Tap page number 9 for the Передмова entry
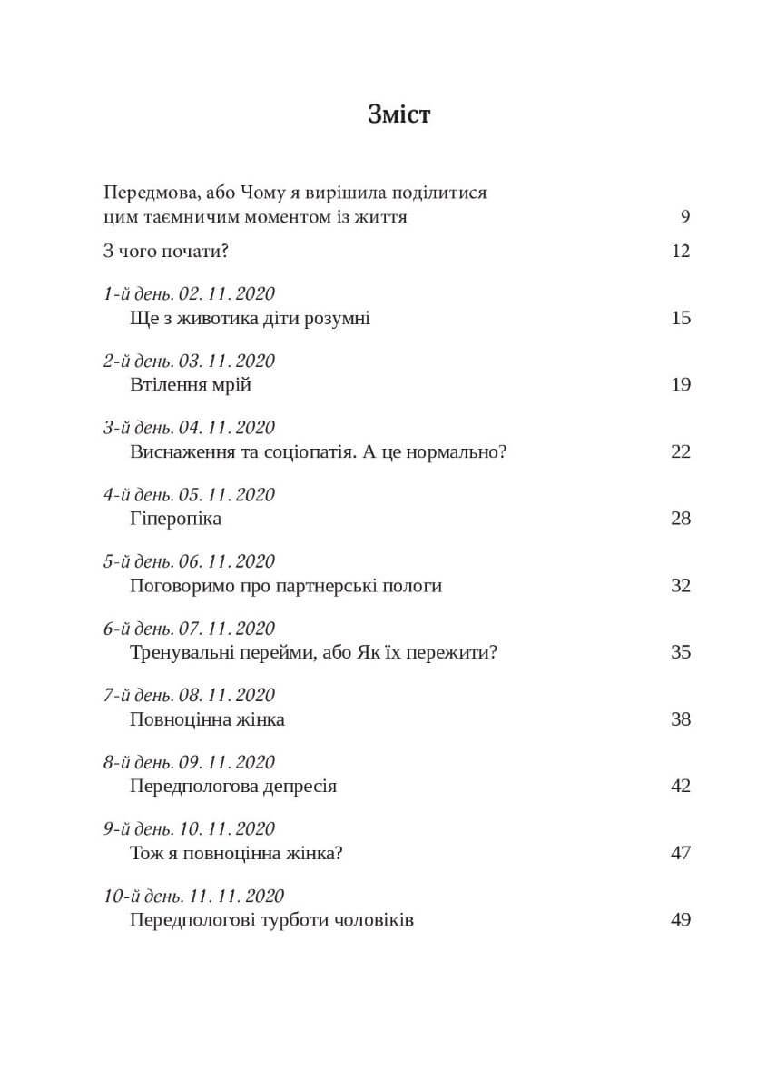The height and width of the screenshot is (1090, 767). click(x=684, y=216)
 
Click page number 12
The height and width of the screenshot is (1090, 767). click(x=681, y=251)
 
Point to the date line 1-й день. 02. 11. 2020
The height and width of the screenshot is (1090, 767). click(x=189, y=293)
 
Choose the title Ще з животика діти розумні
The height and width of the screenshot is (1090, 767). click(x=250, y=318)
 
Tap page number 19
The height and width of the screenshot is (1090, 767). click(x=681, y=384)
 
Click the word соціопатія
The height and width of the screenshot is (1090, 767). click(x=303, y=451)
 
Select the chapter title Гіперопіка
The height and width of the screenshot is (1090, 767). click(x=176, y=519)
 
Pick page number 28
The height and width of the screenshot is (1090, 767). click(x=681, y=519)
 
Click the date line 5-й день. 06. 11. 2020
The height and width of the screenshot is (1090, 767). click(x=189, y=561)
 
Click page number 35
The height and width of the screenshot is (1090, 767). click(x=681, y=652)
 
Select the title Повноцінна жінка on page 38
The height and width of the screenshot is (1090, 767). click(x=208, y=719)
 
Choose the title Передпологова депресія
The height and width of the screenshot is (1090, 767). click(x=233, y=786)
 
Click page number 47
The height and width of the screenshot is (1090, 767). click(x=681, y=853)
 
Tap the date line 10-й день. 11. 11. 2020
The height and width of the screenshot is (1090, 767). click(x=194, y=896)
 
